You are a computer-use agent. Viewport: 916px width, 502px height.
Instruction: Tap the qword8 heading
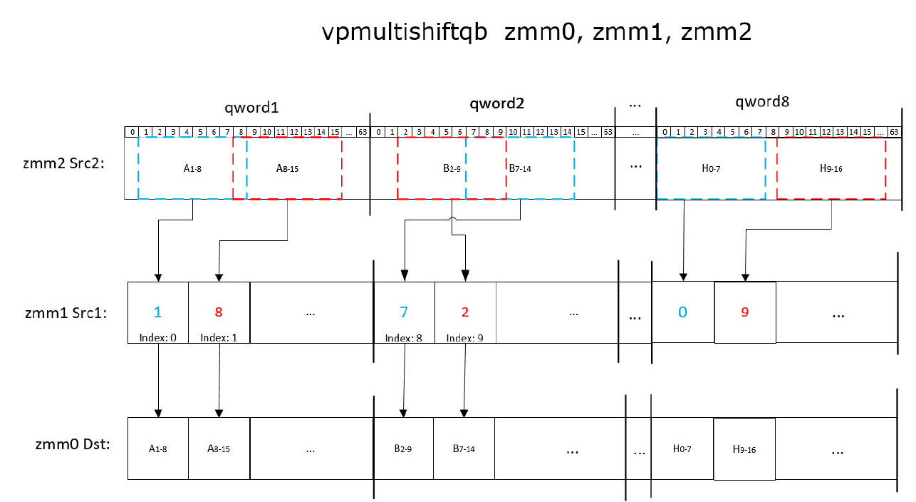click(762, 102)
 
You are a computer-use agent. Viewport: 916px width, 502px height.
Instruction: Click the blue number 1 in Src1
click(157, 312)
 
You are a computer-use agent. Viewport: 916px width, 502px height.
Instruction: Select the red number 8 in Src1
click(219, 312)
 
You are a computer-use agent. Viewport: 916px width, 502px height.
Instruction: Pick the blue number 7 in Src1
click(404, 312)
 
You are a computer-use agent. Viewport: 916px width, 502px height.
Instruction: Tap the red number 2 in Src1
click(464, 312)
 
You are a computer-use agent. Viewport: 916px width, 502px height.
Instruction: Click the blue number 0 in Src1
click(682, 312)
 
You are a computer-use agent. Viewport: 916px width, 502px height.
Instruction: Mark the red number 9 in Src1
click(745, 312)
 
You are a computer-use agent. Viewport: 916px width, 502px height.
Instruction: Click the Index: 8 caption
click(404, 337)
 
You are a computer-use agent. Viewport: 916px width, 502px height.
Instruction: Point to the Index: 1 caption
click(219, 337)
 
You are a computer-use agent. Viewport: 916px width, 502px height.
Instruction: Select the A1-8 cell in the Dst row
click(157, 449)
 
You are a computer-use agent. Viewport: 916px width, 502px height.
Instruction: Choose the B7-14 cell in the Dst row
click(463, 449)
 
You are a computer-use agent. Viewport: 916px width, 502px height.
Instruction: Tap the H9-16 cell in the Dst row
click(744, 449)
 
